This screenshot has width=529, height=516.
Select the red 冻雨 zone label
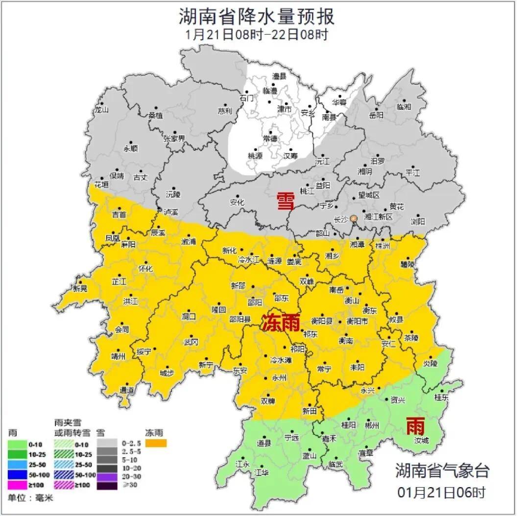[280, 323]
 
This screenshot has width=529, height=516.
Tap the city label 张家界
[174, 139]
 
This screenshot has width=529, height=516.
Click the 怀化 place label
[145, 269]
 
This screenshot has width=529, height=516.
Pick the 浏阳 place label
[418, 222]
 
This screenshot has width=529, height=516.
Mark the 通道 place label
[127, 390]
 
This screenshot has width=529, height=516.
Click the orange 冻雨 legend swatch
[156, 443]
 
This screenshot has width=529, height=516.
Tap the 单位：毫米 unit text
[30, 498]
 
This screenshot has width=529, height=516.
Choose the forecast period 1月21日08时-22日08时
[257, 35]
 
